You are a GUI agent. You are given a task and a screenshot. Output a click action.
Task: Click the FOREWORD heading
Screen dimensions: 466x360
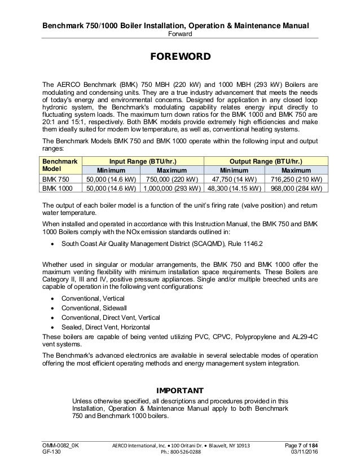[179, 58]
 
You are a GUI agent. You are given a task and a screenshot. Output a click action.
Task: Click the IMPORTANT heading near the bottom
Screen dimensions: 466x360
[179, 390]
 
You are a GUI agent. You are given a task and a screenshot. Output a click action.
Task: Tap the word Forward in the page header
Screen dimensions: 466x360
[179, 33]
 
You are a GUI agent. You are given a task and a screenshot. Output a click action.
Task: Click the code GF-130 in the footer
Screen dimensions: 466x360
[52, 454]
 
